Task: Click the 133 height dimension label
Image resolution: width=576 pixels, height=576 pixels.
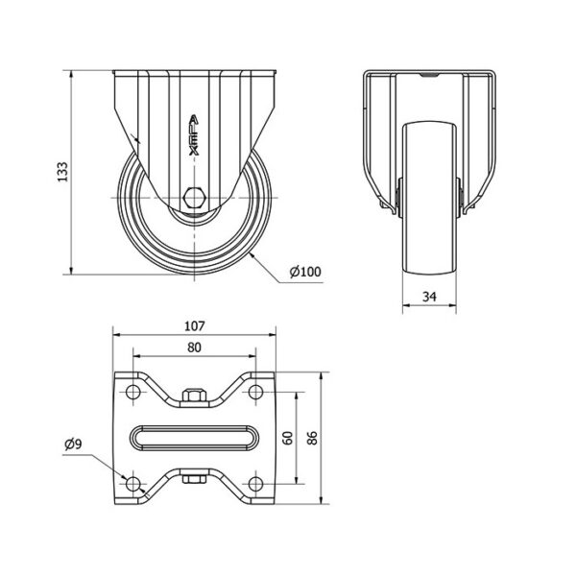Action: [62, 172]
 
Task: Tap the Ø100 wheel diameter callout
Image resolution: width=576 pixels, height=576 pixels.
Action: [305, 272]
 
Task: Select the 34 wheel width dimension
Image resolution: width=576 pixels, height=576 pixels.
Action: [429, 296]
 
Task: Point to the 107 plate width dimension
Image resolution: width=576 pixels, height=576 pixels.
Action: [194, 325]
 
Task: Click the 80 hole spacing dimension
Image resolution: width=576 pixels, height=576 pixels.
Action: [194, 348]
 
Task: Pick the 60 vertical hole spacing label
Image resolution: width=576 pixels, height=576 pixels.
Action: [289, 438]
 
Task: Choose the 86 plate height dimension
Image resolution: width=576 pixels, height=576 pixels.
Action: [312, 438]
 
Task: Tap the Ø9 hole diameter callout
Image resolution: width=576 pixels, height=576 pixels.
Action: [74, 444]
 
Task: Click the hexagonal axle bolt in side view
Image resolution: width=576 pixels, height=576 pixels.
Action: [194, 198]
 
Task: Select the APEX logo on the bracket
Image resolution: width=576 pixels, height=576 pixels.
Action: [194, 135]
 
